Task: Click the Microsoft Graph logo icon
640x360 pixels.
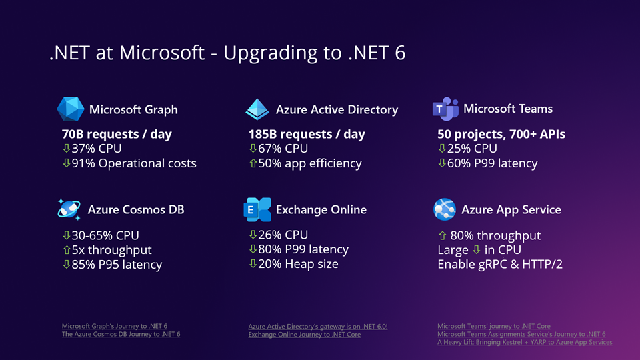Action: click(70, 109)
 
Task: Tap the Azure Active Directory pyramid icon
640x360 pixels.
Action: click(257, 109)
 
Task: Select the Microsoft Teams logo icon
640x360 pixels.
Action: click(445, 109)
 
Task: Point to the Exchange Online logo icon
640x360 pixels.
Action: click(257, 209)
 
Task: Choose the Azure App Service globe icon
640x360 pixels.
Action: click(444, 209)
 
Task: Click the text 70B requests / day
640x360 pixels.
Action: click(117, 134)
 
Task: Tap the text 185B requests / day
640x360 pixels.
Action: click(307, 134)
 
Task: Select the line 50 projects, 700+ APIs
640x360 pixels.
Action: click(501, 134)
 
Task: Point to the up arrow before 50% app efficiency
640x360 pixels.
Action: click(253, 163)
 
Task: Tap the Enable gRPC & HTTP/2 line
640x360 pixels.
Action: click(500, 265)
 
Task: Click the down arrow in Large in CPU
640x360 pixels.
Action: click(476, 250)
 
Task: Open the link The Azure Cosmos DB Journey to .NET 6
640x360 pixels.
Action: click(121, 334)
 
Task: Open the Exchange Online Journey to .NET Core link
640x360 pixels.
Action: click(304, 335)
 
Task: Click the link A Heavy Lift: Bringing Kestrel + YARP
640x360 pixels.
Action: click(525, 342)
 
